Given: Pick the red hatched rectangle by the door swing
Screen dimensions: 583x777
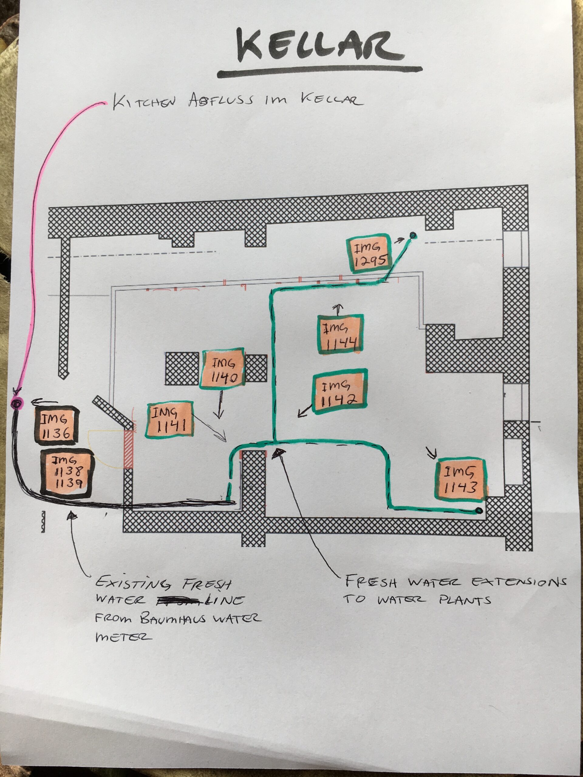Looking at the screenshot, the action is click(x=129, y=448).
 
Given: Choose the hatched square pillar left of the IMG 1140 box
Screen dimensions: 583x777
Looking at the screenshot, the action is click(x=182, y=369).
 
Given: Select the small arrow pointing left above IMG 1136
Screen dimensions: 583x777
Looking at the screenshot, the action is click(x=44, y=402).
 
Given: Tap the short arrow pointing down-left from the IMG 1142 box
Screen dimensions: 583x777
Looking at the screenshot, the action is click(x=305, y=411).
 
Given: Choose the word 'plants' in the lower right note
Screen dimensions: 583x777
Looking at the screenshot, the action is click(x=465, y=600).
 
